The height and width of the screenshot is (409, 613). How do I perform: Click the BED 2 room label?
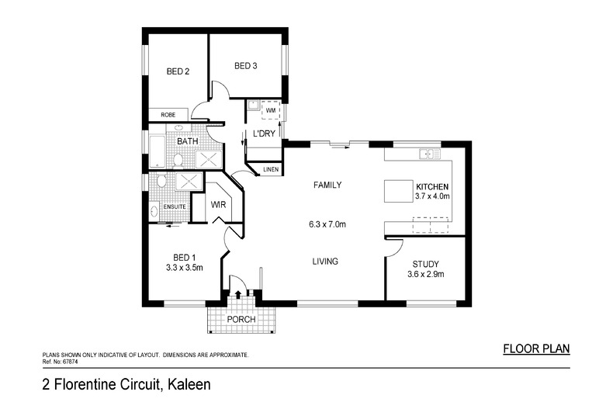[178, 71]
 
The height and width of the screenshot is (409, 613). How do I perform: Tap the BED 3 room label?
[246, 66]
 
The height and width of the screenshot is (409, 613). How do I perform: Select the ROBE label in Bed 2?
[168, 115]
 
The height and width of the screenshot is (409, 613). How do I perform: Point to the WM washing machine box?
[271, 112]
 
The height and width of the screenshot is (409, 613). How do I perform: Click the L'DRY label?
[265, 134]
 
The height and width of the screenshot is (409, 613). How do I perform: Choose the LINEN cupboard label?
[271, 168]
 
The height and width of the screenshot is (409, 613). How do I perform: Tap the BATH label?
[187, 142]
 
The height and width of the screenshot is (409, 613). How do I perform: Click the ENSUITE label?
[174, 206]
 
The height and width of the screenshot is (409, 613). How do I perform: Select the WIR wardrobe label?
[218, 205]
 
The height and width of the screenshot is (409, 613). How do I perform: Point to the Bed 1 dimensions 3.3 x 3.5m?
[184, 269]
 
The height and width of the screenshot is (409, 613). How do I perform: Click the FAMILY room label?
[327, 185]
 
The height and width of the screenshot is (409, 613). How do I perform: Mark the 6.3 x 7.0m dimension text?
[327, 224]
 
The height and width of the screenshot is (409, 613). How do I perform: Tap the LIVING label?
[325, 262]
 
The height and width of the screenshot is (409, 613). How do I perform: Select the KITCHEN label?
[433, 187]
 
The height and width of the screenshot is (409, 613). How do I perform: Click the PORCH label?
[241, 320]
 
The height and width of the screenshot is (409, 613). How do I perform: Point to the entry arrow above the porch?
[238, 294]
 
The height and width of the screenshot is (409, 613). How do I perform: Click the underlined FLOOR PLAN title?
[536, 348]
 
